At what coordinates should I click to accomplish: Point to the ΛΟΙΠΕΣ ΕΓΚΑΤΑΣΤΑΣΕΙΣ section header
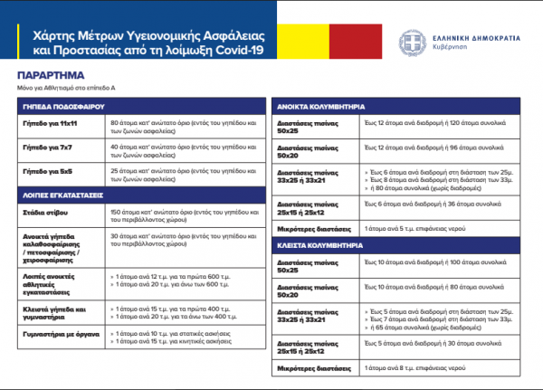point(60,194)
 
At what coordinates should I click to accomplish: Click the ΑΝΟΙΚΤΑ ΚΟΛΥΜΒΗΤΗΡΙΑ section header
point(325,107)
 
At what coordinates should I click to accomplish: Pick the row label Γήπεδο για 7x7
point(44,146)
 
